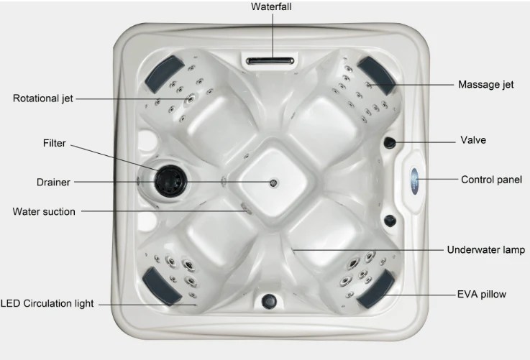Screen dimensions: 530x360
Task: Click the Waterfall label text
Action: (x=271, y=6)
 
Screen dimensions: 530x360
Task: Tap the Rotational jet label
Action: (x=43, y=98)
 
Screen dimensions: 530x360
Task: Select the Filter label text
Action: (x=55, y=143)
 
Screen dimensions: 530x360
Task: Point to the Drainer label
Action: (x=53, y=183)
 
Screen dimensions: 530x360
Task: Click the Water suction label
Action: (x=44, y=212)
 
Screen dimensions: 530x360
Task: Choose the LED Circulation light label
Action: (x=47, y=303)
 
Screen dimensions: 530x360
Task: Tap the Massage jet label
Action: (x=485, y=84)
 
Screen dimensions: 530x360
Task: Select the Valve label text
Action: (x=473, y=140)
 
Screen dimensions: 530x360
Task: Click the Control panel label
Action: (x=491, y=180)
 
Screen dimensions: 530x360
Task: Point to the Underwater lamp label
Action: (x=485, y=250)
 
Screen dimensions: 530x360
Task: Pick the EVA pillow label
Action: (x=482, y=295)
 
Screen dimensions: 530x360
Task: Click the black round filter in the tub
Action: (x=170, y=181)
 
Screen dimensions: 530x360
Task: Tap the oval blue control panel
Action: (x=414, y=180)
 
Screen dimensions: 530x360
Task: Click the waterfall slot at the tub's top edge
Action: (x=270, y=61)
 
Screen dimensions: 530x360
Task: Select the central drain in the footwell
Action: (x=273, y=183)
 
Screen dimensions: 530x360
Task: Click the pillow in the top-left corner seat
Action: (x=164, y=74)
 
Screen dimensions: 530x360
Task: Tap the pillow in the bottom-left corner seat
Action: (x=162, y=287)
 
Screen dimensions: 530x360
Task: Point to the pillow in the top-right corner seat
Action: (x=377, y=75)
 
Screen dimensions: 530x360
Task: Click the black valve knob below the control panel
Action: (x=390, y=221)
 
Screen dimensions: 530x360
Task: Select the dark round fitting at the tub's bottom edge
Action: (x=269, y=301)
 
